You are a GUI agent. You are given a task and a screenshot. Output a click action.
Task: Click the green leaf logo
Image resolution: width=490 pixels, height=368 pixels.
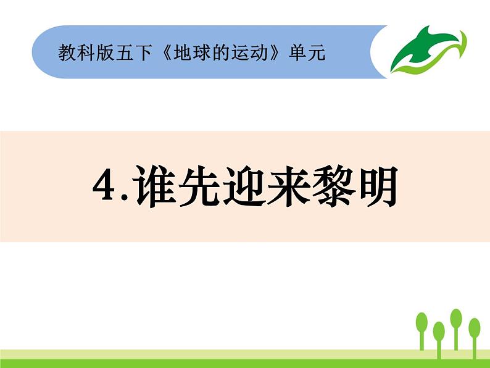pos(428,51)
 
